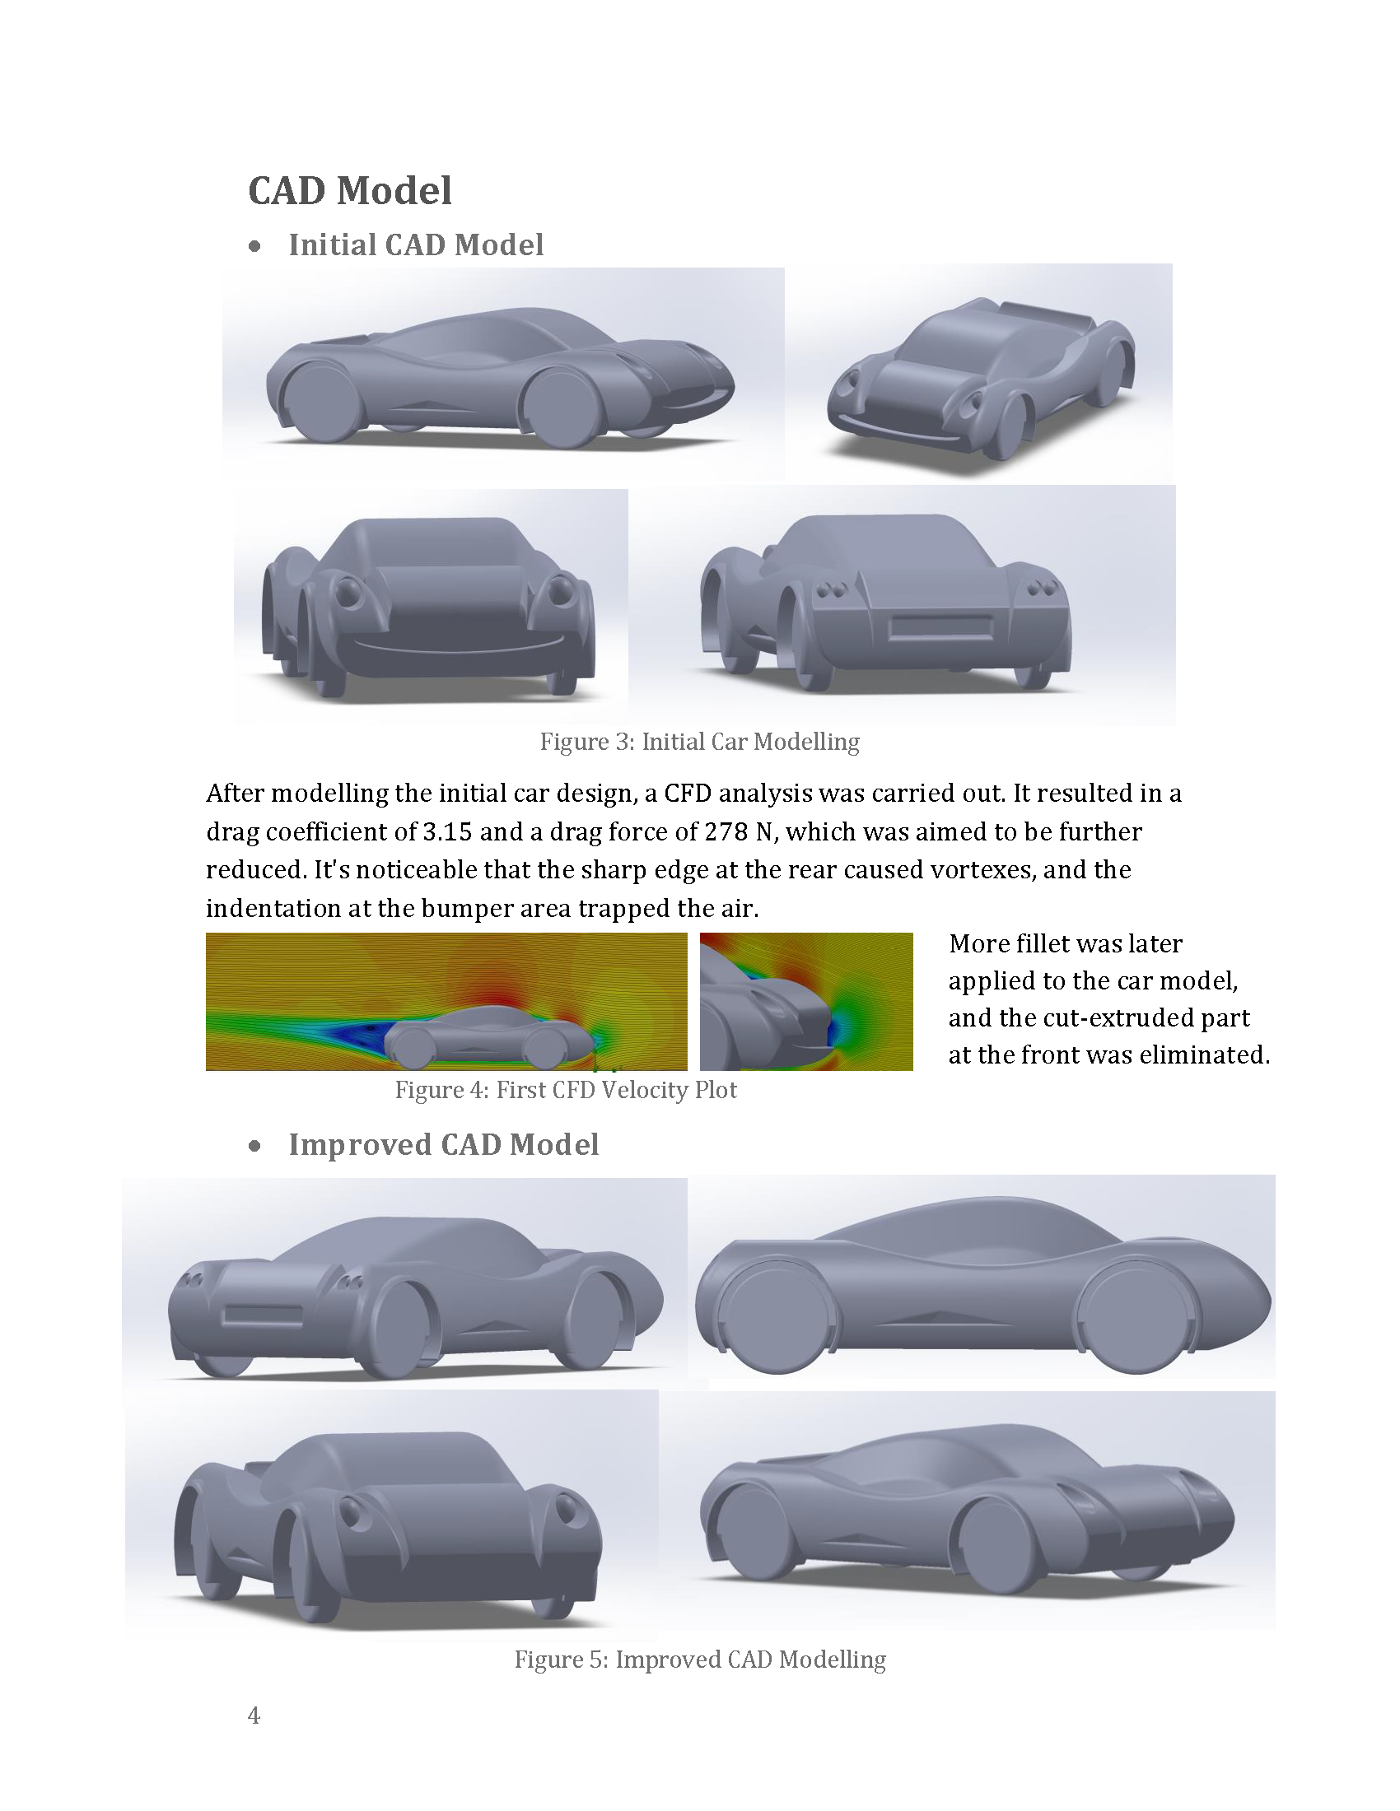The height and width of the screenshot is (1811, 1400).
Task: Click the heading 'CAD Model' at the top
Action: pos(350,191)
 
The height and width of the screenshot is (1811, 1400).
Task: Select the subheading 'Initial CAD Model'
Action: pos(416,244)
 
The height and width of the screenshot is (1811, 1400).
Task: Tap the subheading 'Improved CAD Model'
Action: pos(443,1144)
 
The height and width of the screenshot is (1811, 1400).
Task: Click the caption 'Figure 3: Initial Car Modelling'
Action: pos(699,742)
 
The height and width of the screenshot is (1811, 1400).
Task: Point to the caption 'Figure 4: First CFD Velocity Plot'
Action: pos(566,1090)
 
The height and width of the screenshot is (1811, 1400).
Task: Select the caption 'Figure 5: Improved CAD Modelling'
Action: pos(700,1660)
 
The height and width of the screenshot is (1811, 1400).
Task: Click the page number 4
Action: pos(254,1716)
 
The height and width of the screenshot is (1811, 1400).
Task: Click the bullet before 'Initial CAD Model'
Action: pos(254,246)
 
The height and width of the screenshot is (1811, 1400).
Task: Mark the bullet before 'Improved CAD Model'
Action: pos(254,1146)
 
